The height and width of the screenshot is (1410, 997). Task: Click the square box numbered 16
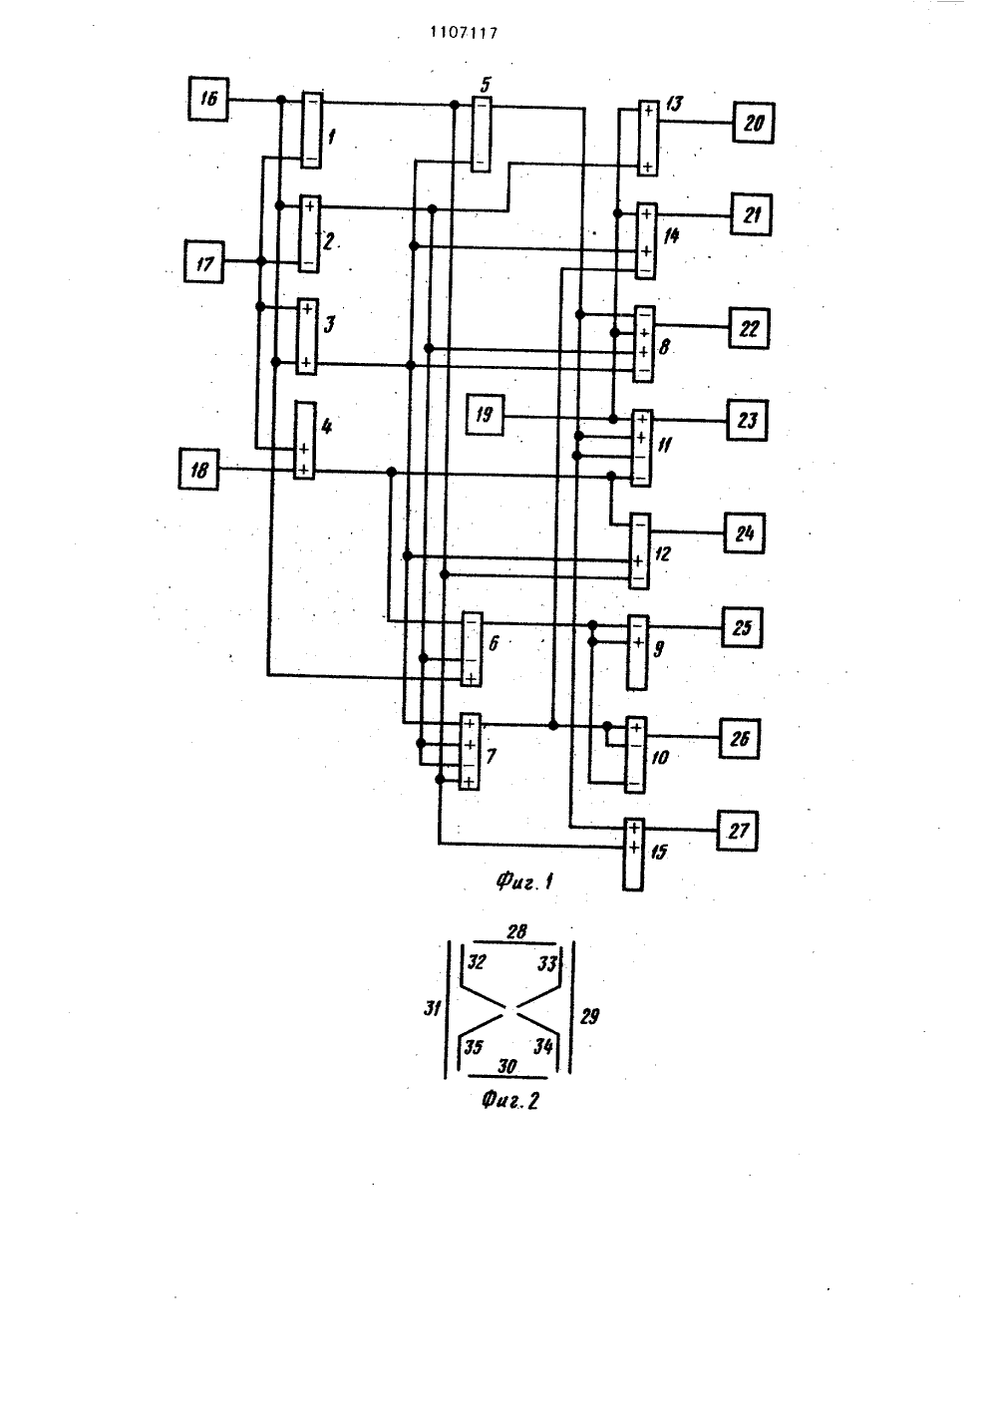(208, 99)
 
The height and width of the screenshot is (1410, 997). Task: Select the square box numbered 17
(204, 262)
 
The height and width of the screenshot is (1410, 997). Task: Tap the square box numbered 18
(198, 469)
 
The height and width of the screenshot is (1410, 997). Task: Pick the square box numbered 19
(485, 415)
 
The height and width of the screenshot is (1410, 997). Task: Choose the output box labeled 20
(753, 123)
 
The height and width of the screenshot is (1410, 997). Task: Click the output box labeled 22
(749, 328)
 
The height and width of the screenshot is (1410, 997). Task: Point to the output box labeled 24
(745, 533)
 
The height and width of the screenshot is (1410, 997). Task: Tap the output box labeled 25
(742, 627)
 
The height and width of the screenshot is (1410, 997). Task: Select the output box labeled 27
(737, 831)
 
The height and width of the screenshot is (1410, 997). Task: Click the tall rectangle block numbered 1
(311, 130)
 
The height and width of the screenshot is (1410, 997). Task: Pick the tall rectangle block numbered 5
(481, 134)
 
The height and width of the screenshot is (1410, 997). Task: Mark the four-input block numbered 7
(471, 752)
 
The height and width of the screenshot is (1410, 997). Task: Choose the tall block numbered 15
(633, 855)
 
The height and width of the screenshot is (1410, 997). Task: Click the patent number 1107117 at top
(464, 33)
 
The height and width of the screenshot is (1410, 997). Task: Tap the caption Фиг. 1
(524, 881)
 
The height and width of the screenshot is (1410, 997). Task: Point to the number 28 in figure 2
(516, 931)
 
